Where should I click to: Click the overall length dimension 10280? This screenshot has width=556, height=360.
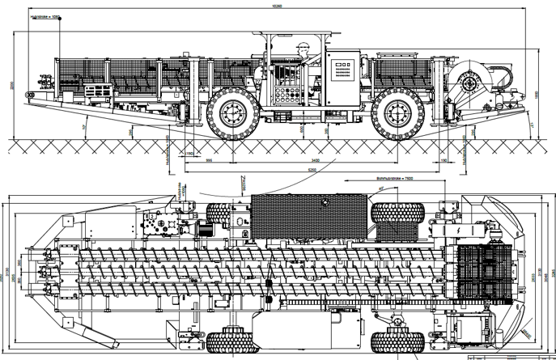pyautogui.click(x=278, y=7)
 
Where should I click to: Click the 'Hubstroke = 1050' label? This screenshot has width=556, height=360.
pyautogui.click(x=47, y=18)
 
